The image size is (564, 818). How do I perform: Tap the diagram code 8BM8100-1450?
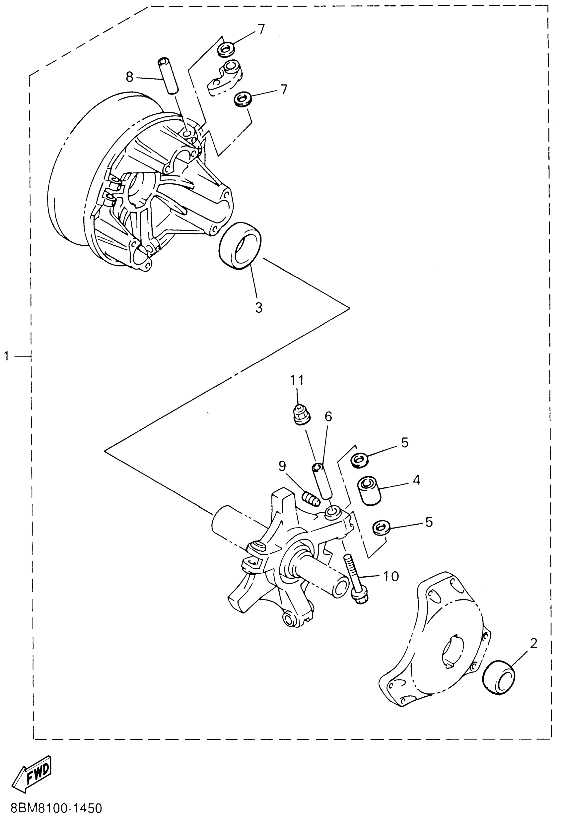56,808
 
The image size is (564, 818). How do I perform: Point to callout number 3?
259,308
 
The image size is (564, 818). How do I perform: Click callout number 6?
328,417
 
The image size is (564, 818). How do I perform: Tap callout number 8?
130,77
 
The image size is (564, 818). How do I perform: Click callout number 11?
297,380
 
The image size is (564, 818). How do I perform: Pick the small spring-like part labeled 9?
311,499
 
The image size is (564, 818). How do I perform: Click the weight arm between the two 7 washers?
224,78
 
